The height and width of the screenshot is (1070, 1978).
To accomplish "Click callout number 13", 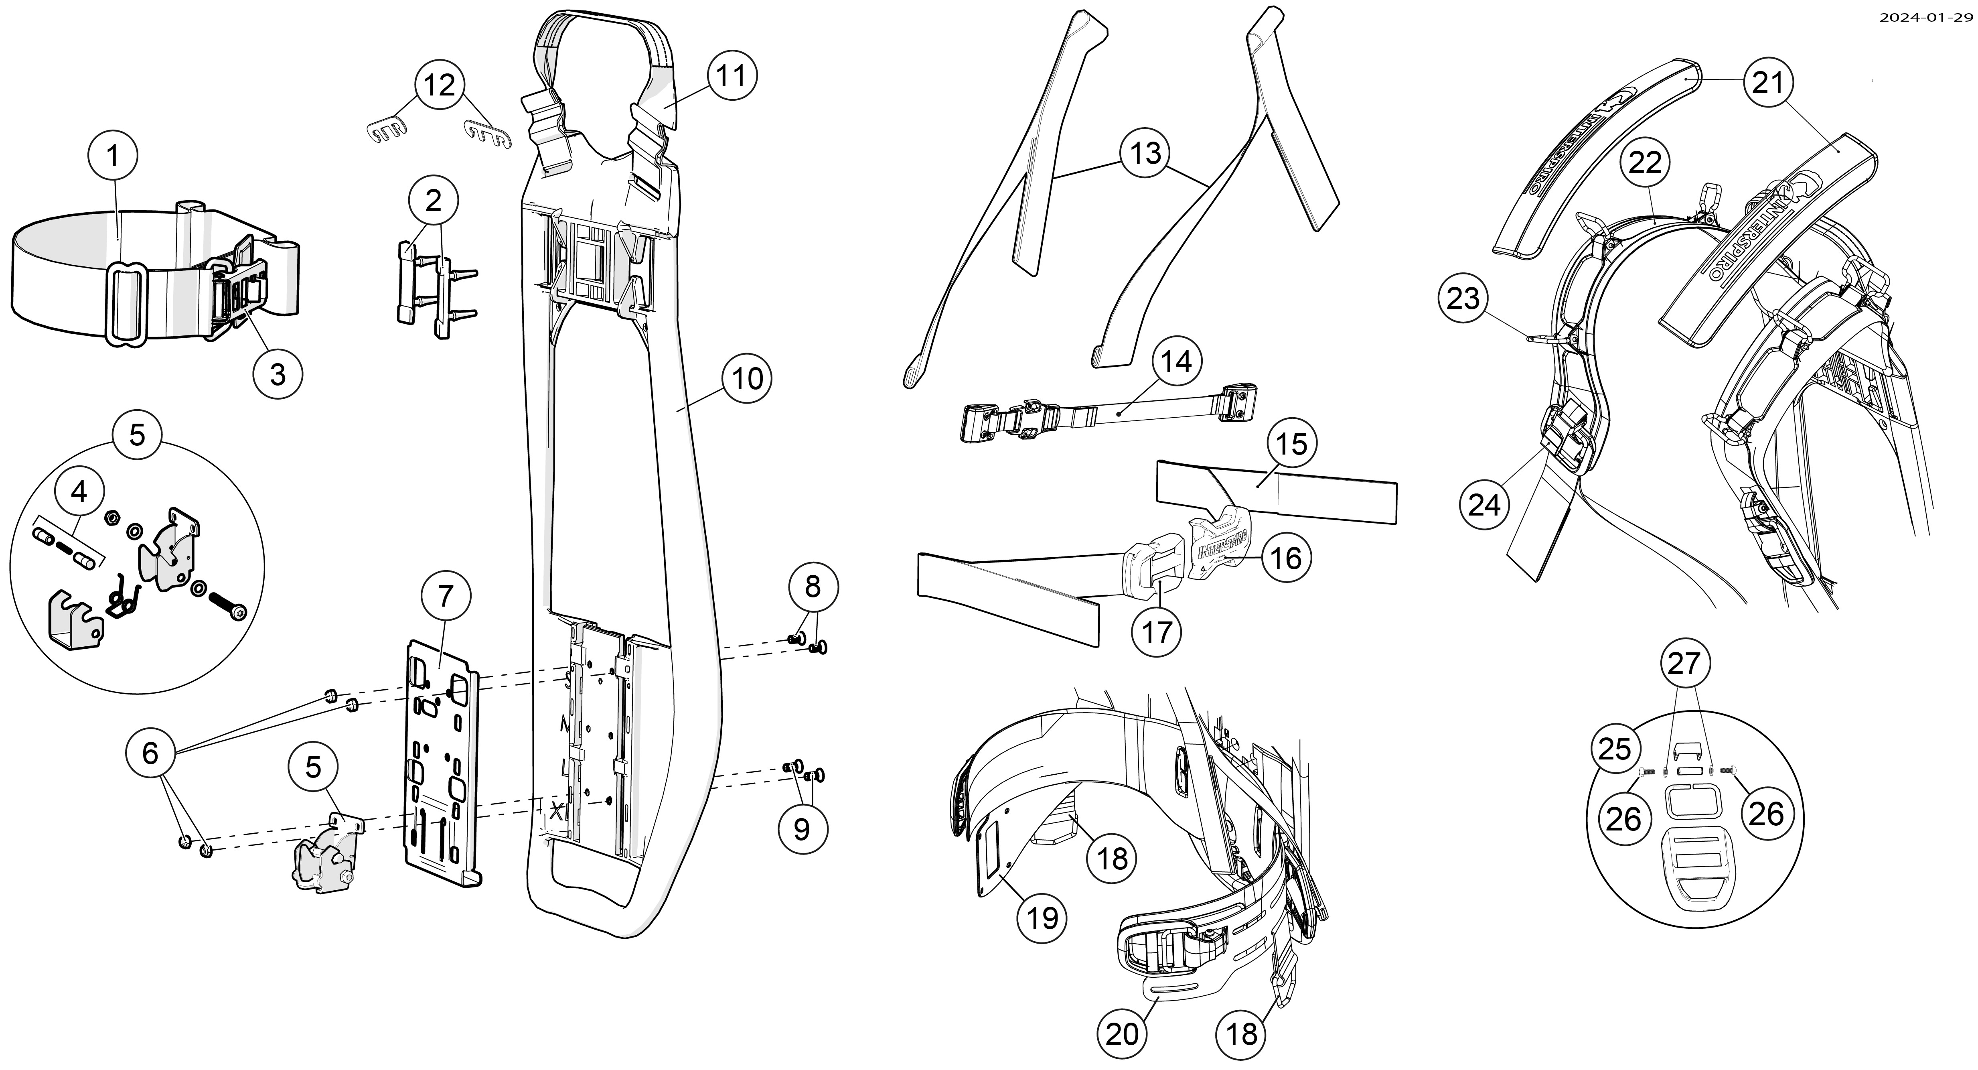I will (x=1145, y=154).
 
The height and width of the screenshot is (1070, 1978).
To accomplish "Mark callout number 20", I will (x=1122, y=1035).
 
